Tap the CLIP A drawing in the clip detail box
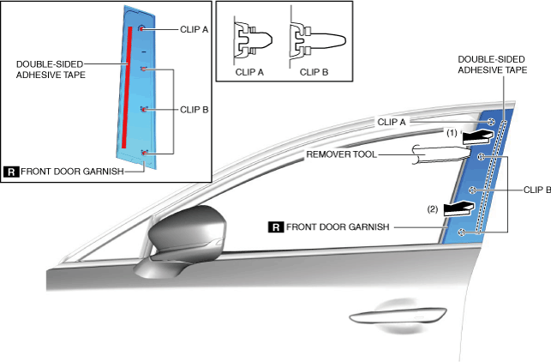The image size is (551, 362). click(252, 40)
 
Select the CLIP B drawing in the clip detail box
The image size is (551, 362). click(318, 40)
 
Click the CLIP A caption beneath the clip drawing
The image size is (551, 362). click(249, 72)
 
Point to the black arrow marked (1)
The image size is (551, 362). click(476, 136)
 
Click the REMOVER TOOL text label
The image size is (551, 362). click(340, 154)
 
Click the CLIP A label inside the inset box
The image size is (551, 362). click(195, 28)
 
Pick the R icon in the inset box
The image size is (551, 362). click(11, 171)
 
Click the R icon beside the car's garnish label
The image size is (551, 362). click(276, 227)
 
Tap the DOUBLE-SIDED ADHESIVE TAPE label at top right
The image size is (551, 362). click(492, 65)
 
